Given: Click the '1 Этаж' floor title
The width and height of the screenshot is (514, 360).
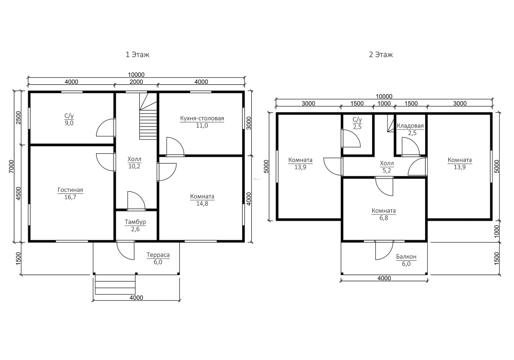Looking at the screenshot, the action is (x=137, y=55).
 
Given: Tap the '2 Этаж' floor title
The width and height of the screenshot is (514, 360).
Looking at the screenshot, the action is (x=380, y=55).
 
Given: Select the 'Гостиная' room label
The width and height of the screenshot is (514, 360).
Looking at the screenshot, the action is (x=70, y=190).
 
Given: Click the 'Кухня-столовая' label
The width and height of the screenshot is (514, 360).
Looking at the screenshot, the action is (x=202, y=118).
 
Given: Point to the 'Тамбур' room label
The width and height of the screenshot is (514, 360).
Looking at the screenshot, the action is (x=135, y=222).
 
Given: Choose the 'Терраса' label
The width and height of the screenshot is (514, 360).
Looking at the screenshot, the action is (x=158, y=255).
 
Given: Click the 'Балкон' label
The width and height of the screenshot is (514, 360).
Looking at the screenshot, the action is (x=406, y=257).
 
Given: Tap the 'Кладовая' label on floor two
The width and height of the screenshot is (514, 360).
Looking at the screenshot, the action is (x=410, y=126).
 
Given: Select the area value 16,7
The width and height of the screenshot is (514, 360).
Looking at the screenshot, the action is (x=70, y=197).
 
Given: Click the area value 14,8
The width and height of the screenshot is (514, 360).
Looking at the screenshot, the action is (x=202, y=204).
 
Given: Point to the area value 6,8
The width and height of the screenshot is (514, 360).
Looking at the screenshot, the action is (x=383, y=218).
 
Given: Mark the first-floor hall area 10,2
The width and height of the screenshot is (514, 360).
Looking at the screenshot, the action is (x=134, y=166).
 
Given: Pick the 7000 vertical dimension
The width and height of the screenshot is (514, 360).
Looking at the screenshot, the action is (x=11, y=167).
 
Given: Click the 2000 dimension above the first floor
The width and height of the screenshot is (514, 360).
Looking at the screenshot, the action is (x=136, y=82).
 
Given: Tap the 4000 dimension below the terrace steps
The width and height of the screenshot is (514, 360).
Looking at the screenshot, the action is (x=136, y=298).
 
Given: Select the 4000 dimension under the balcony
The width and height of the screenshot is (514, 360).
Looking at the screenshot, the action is (x=384, y=278).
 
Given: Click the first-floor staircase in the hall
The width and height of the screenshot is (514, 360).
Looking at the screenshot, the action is (x=149, y=117).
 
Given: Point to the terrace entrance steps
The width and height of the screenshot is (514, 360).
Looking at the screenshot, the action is (x=115, y=284).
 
